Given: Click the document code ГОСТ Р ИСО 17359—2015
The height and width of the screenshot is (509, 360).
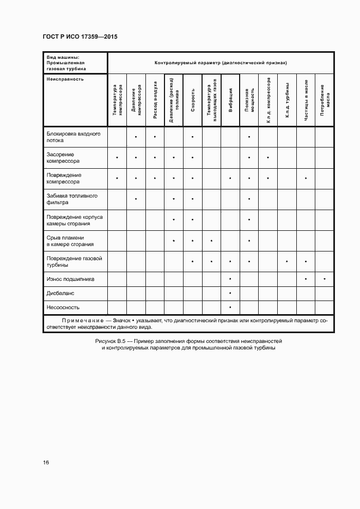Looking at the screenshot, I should pyautogui.click(x=80, y=36).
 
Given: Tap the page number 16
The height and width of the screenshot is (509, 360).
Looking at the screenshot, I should pyautogui.click(x=46, y=463).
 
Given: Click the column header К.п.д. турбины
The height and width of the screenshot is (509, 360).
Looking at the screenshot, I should pyautogui.click(x=287, y=102).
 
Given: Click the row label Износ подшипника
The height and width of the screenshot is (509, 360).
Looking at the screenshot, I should pyautogui.click(x=70, y=279).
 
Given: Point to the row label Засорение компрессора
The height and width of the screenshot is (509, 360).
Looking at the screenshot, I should pyautogui.click(x=63, y=157).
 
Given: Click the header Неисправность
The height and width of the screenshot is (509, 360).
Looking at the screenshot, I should pyautogui.click(x=65, y=78).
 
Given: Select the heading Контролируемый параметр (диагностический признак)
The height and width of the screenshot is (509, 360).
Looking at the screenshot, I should pyautogui.click(x=221, y=63).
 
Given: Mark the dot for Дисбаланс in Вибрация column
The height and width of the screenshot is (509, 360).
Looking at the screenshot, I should pyautogui.click(x=230, y=293).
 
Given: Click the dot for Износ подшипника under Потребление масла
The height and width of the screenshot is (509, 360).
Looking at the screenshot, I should pyautogui.click(x=325, y=279).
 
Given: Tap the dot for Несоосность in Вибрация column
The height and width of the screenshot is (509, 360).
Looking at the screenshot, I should pyautogui.click(x=230, y=307).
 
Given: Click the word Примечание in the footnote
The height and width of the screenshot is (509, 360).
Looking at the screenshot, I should pyautogui.click(x=80, y=321).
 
